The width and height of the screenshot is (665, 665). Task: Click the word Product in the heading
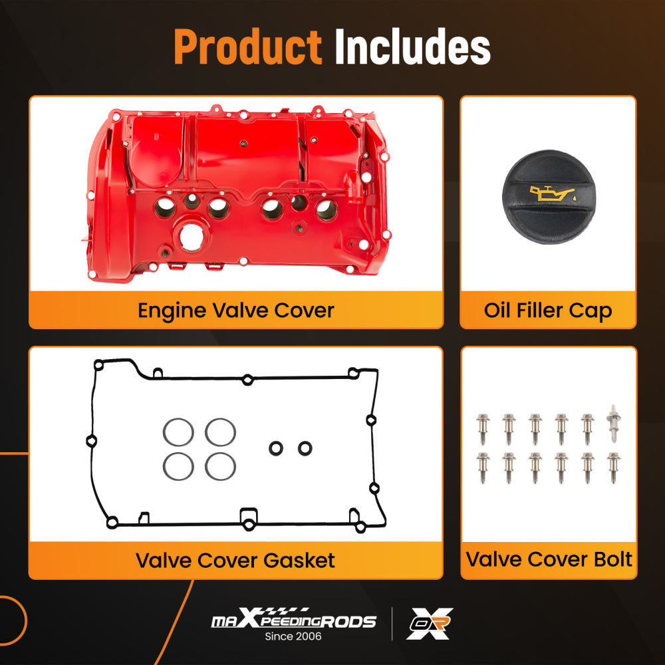click(247, 47)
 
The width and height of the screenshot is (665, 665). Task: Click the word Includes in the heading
click(412, 47)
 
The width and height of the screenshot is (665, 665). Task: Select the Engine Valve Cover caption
click(235, 310)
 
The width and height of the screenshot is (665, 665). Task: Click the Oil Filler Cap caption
click(548, 310)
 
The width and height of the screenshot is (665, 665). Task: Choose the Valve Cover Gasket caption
click(235, 560)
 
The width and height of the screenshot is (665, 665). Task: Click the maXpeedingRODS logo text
click(293, 622)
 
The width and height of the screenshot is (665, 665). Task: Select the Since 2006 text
click(293, 637)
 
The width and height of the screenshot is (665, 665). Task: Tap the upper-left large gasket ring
click(178, 432)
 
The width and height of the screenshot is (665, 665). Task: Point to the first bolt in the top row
click(483, 428)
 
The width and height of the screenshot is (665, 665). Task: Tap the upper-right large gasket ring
click(220, 432)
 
